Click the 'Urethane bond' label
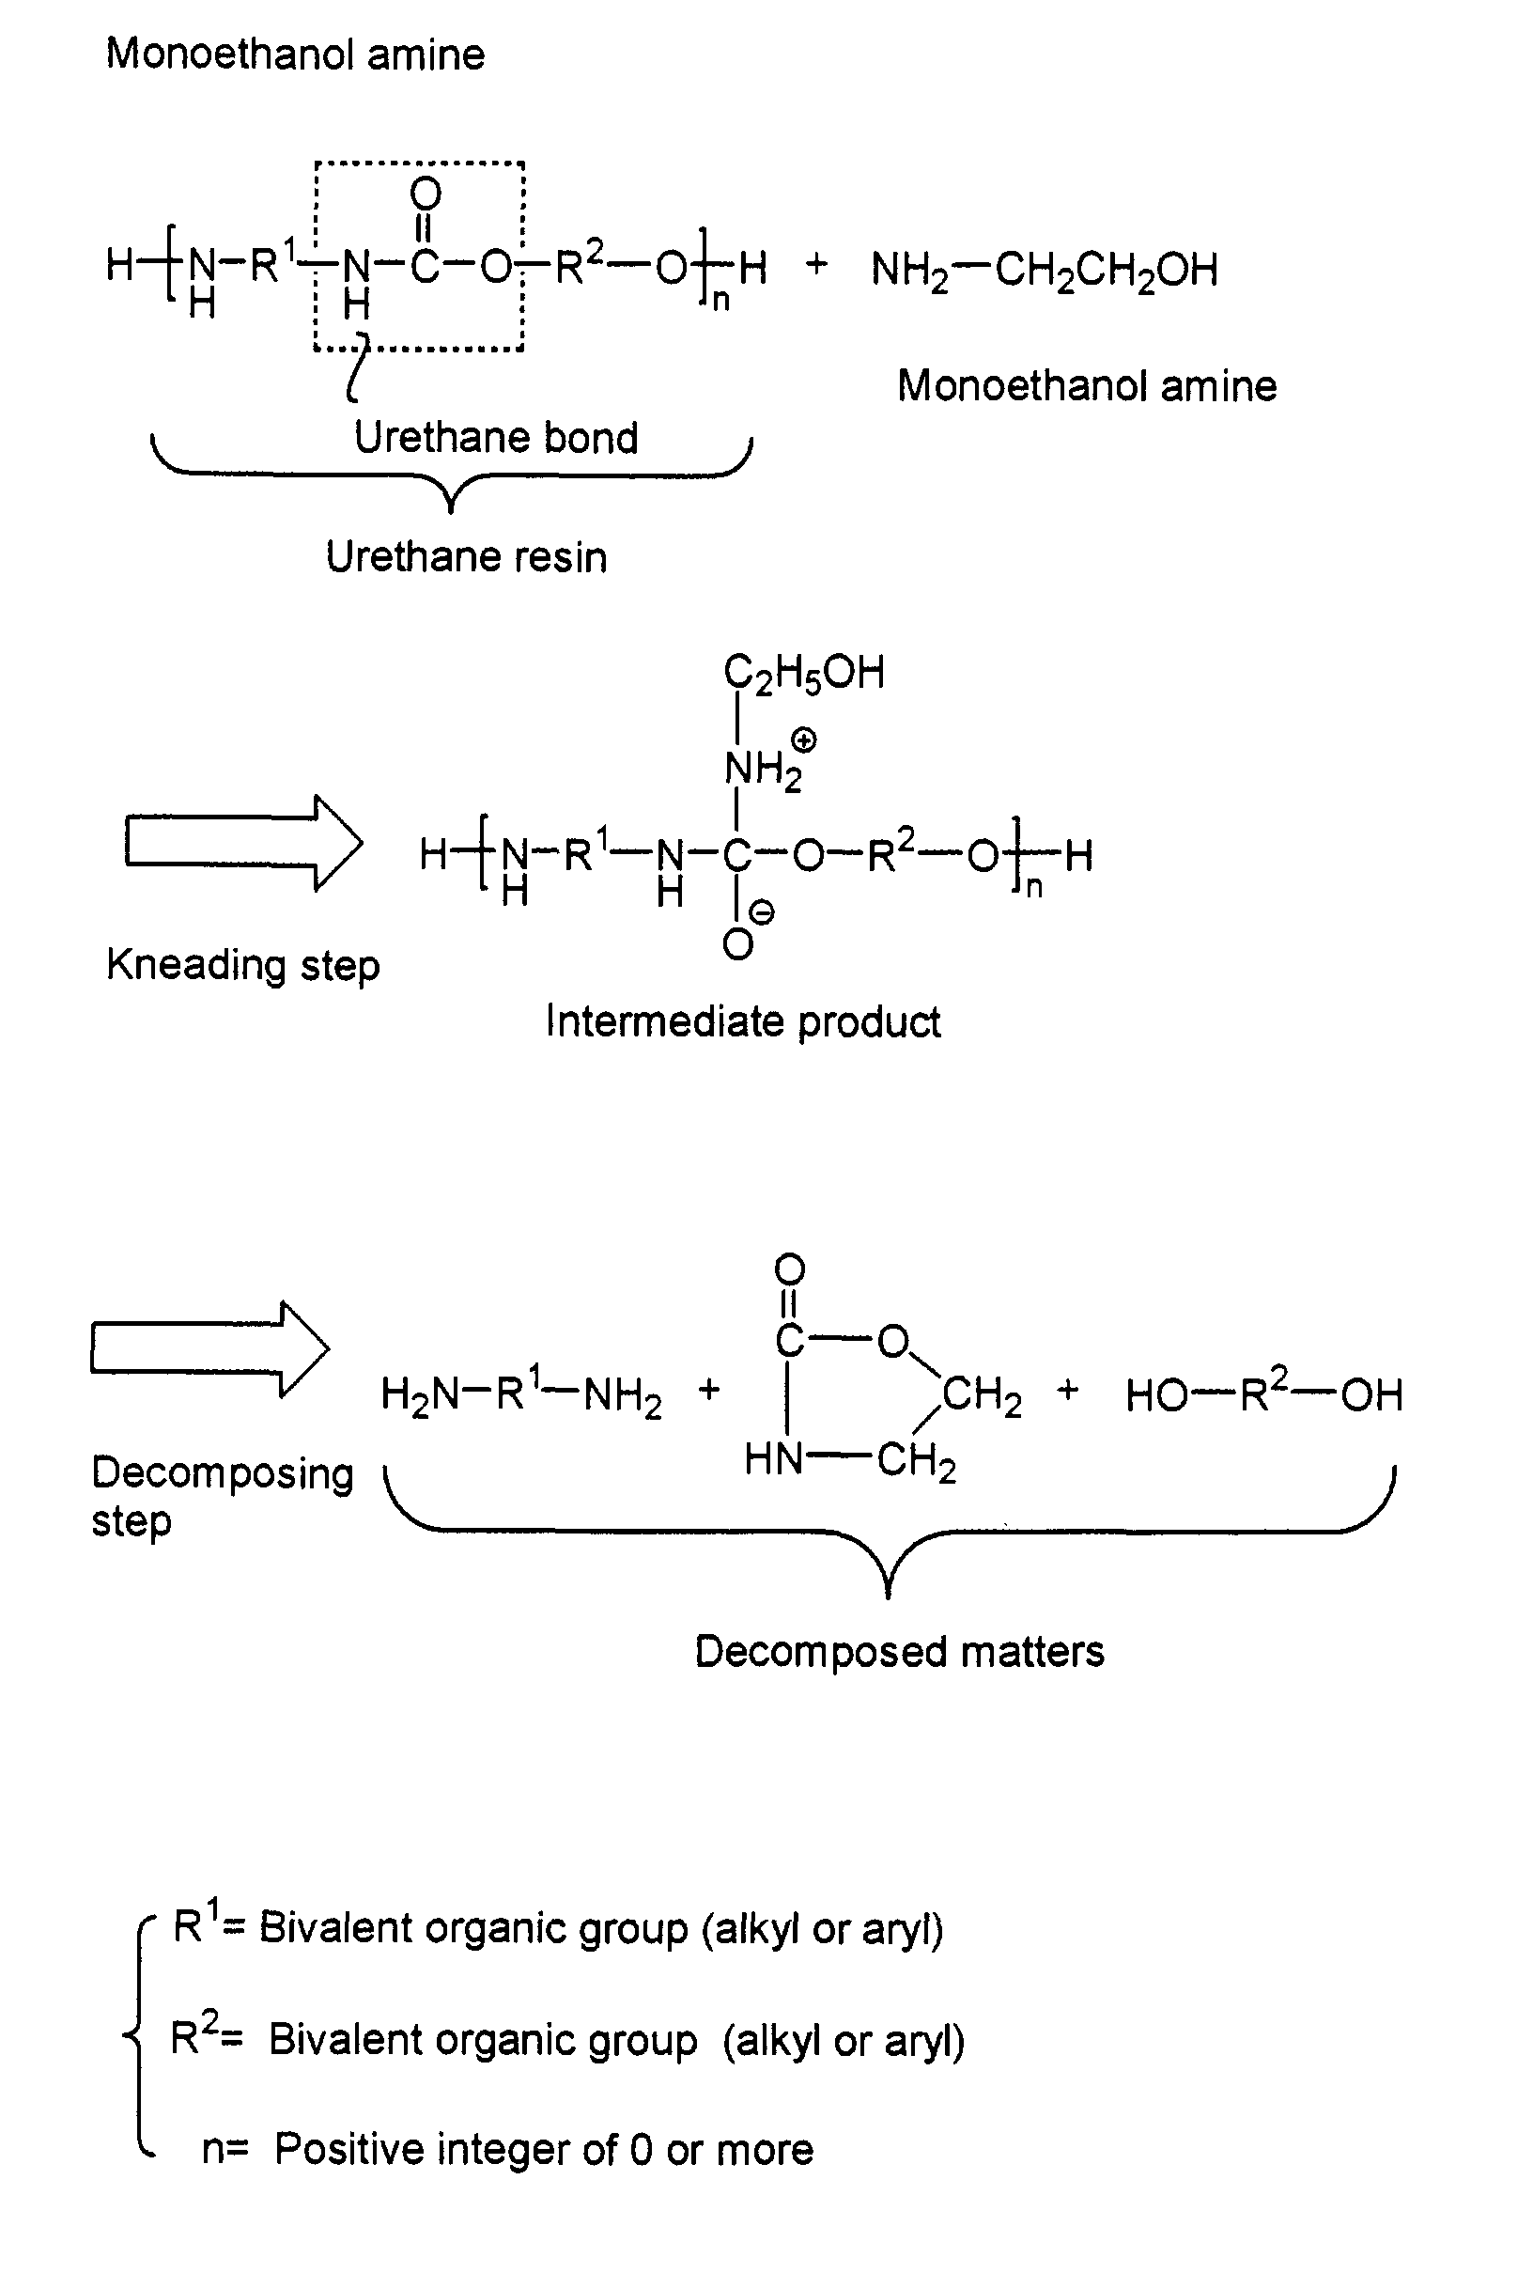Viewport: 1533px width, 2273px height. click(x=496, y=437)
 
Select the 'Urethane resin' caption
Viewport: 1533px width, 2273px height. click(x=466, y=557)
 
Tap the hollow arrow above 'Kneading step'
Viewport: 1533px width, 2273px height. click(x=243, y=843)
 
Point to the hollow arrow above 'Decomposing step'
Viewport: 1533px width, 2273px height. click(x=210, y=1348)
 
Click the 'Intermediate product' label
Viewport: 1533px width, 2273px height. click(x=743, y=1022)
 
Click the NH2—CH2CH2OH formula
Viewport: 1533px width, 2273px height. click(x=1045, y=270)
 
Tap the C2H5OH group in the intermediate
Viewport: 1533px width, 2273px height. click(x=804, y=674)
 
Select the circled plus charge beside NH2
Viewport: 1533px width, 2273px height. click(x=804, y=741)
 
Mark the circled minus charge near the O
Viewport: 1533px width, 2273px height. click(x=761, y=913)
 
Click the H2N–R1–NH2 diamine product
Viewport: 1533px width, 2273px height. click(x=521, y=1393)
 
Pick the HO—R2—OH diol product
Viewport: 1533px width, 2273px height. click(x=1264, y=1393)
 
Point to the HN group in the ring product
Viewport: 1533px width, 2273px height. click(x=772, y=1460)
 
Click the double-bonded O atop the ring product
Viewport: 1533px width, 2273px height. click(x=789, y=1270)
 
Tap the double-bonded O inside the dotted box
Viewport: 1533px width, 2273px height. click(x=426, y=194)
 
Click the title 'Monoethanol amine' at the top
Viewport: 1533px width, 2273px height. click(x=295, y=54)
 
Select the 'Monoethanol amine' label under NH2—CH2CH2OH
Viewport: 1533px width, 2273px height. click(x=1087, y=386)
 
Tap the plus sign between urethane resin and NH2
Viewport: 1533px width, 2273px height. click(x=816, y=264)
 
